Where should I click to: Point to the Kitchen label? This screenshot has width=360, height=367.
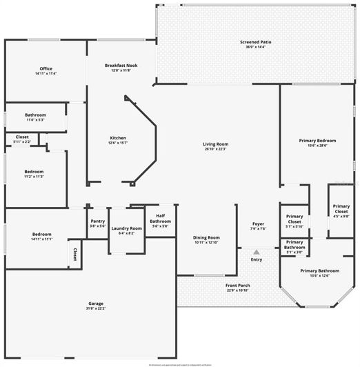pos(118,140)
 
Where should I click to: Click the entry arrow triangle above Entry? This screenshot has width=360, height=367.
pos(257,252)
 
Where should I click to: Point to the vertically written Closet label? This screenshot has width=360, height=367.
pos(74,255)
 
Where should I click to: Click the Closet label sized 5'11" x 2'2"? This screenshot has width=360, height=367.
pos(22,139)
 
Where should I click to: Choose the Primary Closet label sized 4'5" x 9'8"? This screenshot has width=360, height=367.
pos(341,210)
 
